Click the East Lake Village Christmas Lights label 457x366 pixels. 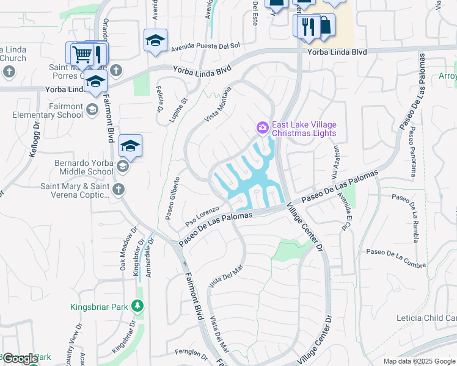304,129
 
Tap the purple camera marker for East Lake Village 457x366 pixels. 262,127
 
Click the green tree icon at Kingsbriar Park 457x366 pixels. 139,306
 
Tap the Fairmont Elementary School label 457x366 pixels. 48,110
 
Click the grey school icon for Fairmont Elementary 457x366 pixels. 92,110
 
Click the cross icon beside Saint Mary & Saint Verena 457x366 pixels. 119,190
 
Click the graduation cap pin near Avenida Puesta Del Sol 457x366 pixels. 155,41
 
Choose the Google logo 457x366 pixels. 20,359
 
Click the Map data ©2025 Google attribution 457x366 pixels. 419,361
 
